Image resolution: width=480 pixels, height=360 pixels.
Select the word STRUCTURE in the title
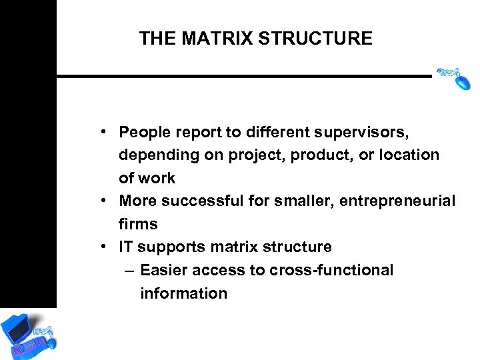click(315, 39)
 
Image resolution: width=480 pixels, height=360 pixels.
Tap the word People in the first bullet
click(143, 132)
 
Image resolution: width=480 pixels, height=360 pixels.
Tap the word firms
click(138, 224)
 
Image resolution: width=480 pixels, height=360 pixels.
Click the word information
click(183, 293)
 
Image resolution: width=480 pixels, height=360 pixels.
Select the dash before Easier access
click(129, 271)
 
